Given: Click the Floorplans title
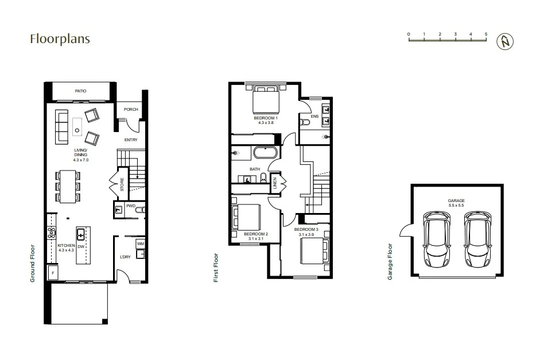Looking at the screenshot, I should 60,39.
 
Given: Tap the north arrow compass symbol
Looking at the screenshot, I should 506,41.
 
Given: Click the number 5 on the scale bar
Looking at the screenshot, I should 486,34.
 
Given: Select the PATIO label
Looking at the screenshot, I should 80,91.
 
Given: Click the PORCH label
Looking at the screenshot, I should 128,111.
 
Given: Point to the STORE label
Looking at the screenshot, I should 122,185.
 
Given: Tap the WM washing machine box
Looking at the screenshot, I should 140,244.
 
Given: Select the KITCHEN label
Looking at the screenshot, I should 66,246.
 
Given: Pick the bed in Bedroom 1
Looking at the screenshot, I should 267,99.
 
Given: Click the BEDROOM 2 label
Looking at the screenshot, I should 255,234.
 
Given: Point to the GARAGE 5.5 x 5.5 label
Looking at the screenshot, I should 456,203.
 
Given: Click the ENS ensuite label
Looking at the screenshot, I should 314,117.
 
